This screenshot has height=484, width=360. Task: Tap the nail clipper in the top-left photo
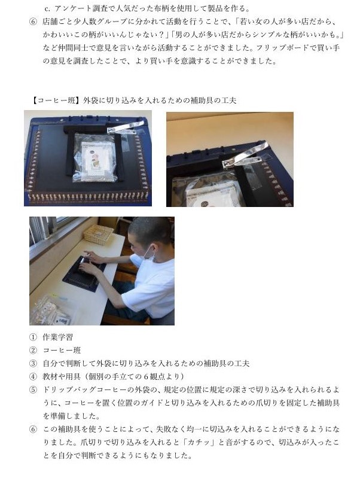(125, 127)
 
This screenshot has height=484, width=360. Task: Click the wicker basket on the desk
(99, 234)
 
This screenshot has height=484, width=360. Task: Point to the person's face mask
(148, 252)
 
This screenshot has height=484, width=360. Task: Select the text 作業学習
(57, 337)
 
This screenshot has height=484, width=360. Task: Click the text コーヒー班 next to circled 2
(62, 351)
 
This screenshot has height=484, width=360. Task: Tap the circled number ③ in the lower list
(33, 364)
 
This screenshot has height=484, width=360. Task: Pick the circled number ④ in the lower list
(33, 376)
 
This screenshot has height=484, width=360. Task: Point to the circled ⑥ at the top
(33, 22)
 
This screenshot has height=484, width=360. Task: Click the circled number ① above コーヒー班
(33, 337)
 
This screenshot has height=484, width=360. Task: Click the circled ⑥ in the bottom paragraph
(33, 430)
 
